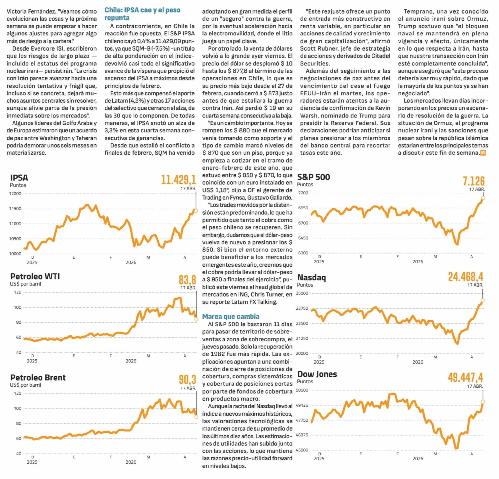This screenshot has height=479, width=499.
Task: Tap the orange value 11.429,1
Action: tap(179, 180)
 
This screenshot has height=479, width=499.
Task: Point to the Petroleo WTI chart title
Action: tap(35, 276)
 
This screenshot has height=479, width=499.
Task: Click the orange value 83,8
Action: tap(187, 280)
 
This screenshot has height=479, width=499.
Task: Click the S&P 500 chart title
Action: tap(313, 177)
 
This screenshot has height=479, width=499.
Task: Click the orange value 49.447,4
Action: tap(465, 378)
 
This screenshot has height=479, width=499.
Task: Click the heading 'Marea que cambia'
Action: tap(231, 317)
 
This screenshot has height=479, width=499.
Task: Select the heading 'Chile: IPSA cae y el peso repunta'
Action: tap(142, 14)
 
